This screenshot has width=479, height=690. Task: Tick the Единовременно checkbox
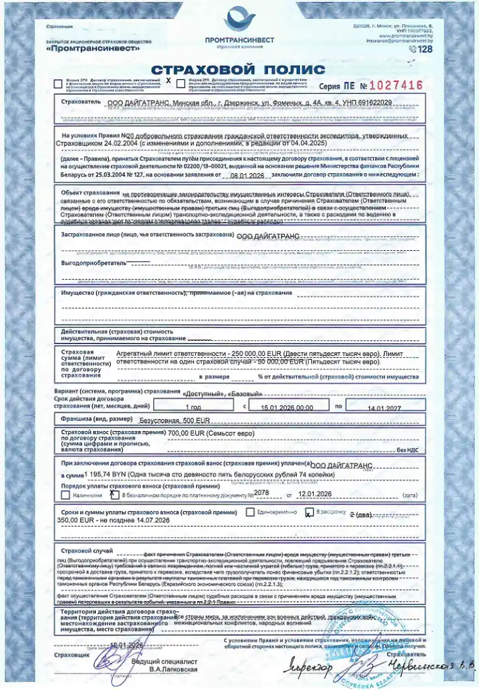click(x=250, y=512)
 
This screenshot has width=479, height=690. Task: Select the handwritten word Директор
click(x=309, y=665)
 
